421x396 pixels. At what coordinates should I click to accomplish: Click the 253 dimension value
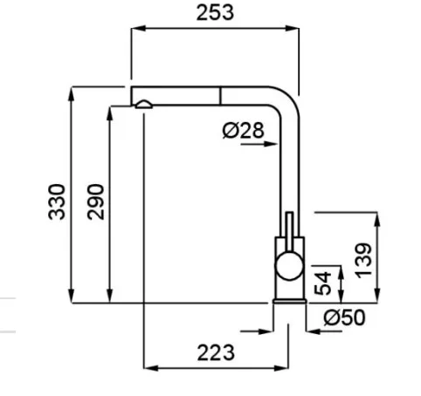(x=215, y=13)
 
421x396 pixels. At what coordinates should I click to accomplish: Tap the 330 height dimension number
(x=57, y=201)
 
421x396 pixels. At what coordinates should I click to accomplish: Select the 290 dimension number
(x=95, y=201)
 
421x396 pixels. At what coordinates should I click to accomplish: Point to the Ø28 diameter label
(x=244, y=130)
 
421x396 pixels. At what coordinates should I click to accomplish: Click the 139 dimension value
(x=363, y=261)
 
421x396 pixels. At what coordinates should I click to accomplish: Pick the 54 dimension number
(x=322, y=283)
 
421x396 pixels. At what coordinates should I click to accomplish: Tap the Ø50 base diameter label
(x=344, y=317)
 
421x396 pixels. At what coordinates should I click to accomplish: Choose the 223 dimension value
(x=216, y=352)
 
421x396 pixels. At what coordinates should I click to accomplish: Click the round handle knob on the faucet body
(x=289, y=266)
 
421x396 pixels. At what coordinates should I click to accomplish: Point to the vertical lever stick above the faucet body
(x=289, y=231)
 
